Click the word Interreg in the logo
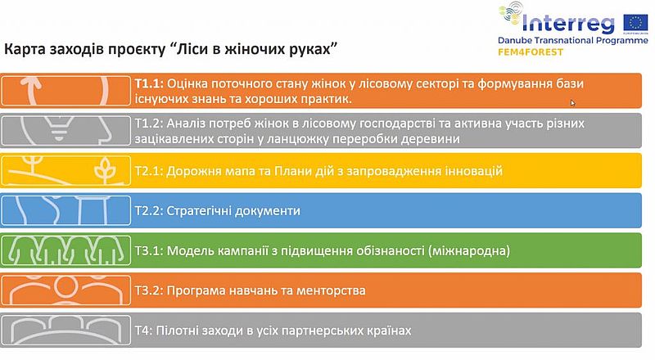568,25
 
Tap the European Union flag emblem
635,23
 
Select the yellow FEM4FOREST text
531,52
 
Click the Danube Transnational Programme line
572,41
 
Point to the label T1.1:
149,83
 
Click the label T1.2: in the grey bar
149,124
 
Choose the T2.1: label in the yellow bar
149,171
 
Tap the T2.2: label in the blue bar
149,210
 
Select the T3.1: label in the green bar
149,250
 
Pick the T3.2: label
149,290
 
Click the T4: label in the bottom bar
144,331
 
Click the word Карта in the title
25,49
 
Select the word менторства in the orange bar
331,290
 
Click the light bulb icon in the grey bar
59,128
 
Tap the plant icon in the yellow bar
105,170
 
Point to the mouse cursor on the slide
572,103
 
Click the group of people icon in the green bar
66,250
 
